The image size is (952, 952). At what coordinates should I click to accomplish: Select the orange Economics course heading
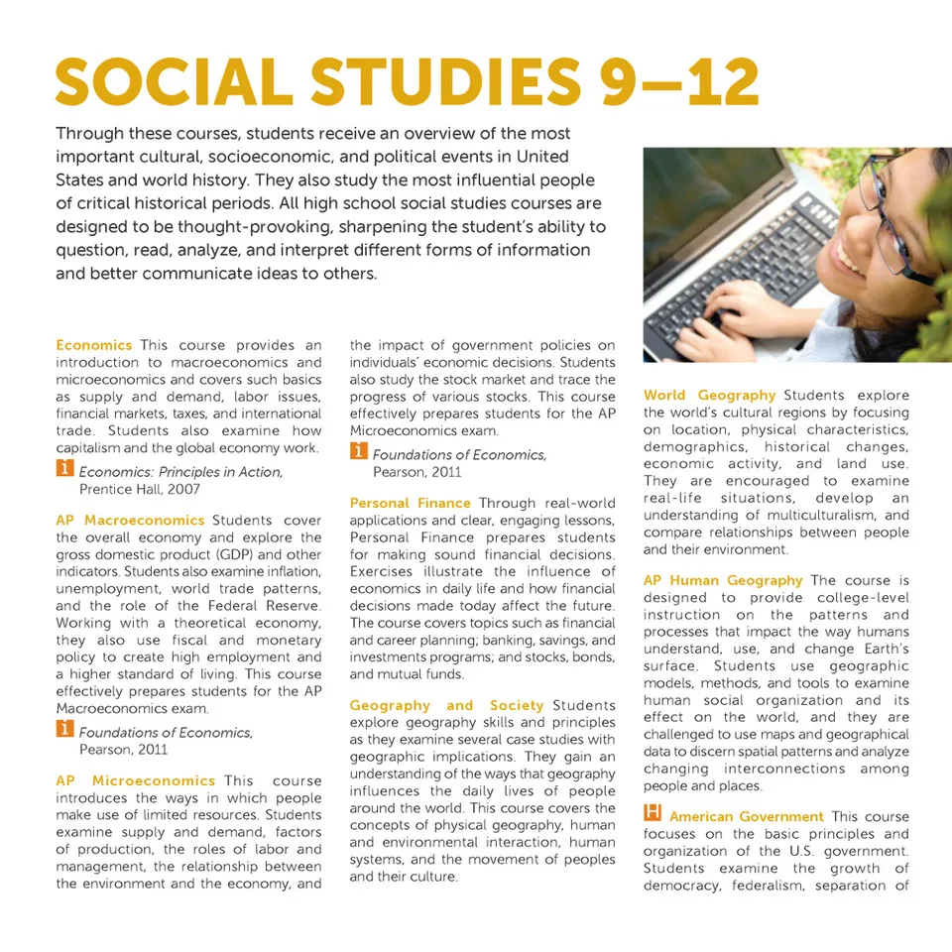(93, 345)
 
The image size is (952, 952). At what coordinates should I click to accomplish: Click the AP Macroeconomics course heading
(130, 521)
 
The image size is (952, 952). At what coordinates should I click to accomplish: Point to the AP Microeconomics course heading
(135, 780)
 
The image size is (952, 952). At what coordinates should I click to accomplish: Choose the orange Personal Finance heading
(410, 504)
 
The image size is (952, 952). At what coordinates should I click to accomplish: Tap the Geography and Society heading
(446, 705)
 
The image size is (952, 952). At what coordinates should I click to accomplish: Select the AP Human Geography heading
(722, 580)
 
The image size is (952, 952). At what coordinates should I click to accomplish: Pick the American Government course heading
(746, 817)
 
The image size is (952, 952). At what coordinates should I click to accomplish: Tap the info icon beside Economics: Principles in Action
(64, 470)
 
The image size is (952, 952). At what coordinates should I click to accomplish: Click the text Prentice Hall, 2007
(139, 489)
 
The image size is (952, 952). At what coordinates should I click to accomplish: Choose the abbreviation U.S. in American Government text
(805, 852)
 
